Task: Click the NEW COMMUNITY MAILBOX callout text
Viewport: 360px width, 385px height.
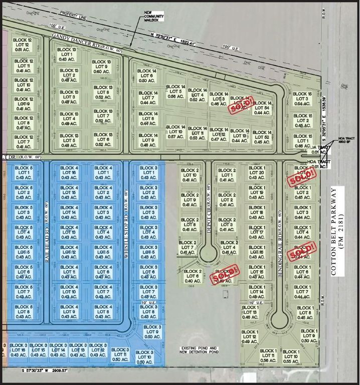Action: pyautogui.click(x=155, y=16)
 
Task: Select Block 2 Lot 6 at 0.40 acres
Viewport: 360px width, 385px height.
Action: pyautogui.click(x=193, y=277)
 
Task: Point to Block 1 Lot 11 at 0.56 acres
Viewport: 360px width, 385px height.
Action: pyautogui.click(x=268, y=356)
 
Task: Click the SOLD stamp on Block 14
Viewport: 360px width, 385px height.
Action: pyautogui.click(x=239, y=105)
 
